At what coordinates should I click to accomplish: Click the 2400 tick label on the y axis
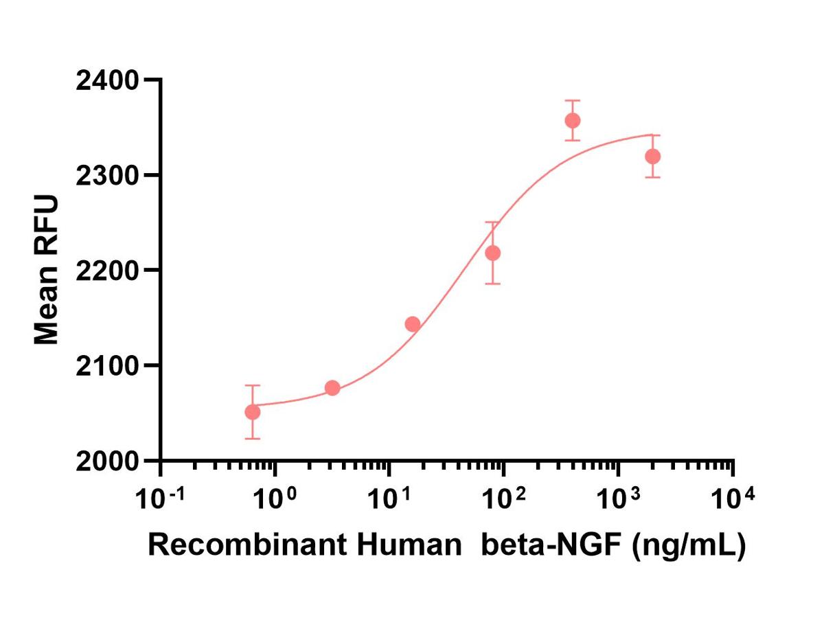click(106, 81)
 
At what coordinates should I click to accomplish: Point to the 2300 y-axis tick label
click(106, 176)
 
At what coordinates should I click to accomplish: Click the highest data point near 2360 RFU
click(573, 121)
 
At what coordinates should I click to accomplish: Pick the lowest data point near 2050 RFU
click(253, 412)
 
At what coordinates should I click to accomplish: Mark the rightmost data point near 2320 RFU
click(653, 157)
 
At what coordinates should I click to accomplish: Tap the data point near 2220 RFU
click(492, 253)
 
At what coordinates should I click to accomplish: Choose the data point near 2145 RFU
click(413, 324)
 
